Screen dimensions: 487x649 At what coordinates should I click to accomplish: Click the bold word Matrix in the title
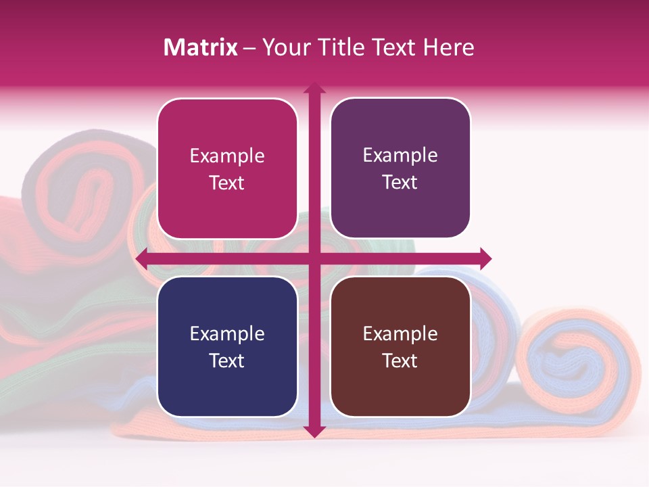[201, 47]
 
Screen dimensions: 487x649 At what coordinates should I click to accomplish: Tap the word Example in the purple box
[400, 156]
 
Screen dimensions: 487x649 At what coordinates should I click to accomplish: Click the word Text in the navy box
[227, 361]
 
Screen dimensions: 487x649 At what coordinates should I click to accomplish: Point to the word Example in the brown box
[400, 333]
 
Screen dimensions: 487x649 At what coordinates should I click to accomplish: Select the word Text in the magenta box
[227, 183]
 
